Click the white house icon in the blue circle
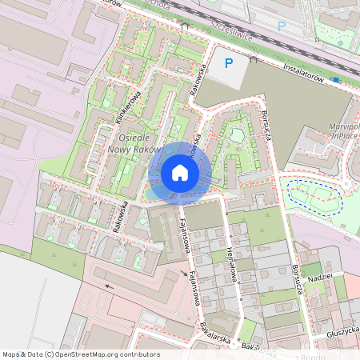point(180,173)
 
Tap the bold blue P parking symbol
point(229,63)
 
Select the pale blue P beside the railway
point(281,26)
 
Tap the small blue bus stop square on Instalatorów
point(337,80)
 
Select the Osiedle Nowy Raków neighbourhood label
point(134,143)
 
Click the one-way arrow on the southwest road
point(107,282)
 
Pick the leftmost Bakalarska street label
point(215,333)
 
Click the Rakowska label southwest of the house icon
point(122,216)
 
